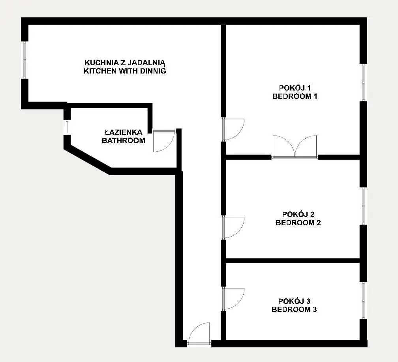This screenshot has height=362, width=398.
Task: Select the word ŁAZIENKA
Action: (124, 132)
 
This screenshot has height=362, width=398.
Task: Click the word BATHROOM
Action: (124, 140)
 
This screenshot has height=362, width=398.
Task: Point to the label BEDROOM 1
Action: (295, 96)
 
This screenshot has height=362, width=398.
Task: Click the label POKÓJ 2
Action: (298, 215)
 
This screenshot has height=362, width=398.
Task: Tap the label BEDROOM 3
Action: (294, 309)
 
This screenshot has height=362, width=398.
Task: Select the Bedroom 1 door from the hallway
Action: (233, 130)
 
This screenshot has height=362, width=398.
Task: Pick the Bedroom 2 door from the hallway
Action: (233, 228)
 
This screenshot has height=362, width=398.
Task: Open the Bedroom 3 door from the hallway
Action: (233, 299)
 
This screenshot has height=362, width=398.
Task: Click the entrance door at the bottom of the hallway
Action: (199, 334)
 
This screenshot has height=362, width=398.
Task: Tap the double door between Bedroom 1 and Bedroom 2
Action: (295, 147)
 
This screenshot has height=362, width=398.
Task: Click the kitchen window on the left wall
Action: (24, 60)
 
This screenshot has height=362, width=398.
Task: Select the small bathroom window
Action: (67, 127)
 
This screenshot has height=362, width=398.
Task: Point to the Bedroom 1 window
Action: (364, 83)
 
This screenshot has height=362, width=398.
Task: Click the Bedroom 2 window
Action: (364, 206)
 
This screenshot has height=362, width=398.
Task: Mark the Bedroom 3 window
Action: (364, 301)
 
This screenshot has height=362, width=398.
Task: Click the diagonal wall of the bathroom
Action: (88, 158)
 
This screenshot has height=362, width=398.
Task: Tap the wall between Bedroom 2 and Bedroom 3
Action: (293, 261)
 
